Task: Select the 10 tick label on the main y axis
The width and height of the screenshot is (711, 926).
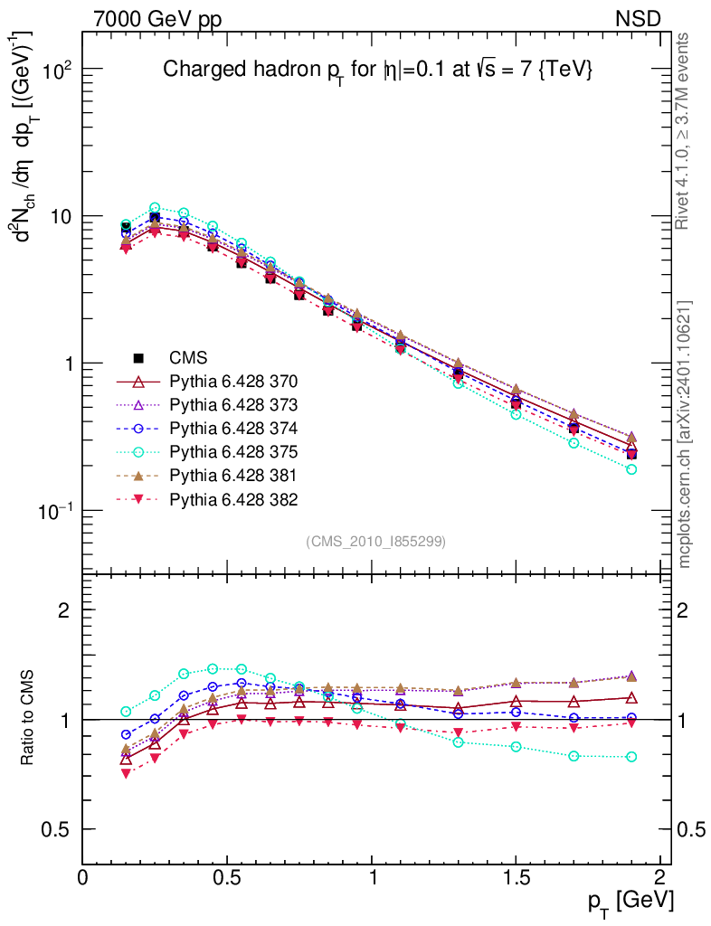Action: (x=60, y=217)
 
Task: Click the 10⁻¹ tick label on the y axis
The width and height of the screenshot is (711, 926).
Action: (x=54, y=510)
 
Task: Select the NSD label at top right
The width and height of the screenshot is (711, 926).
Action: (x=638, y=18)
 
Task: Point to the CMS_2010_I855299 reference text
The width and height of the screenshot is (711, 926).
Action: (x=375, y=541)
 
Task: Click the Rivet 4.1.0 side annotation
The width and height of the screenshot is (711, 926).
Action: (x=684, y=131)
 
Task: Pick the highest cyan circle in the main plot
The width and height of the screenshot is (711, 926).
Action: (x=155, y=208)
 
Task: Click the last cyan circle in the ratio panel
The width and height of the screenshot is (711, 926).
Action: (x=631, y=757)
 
